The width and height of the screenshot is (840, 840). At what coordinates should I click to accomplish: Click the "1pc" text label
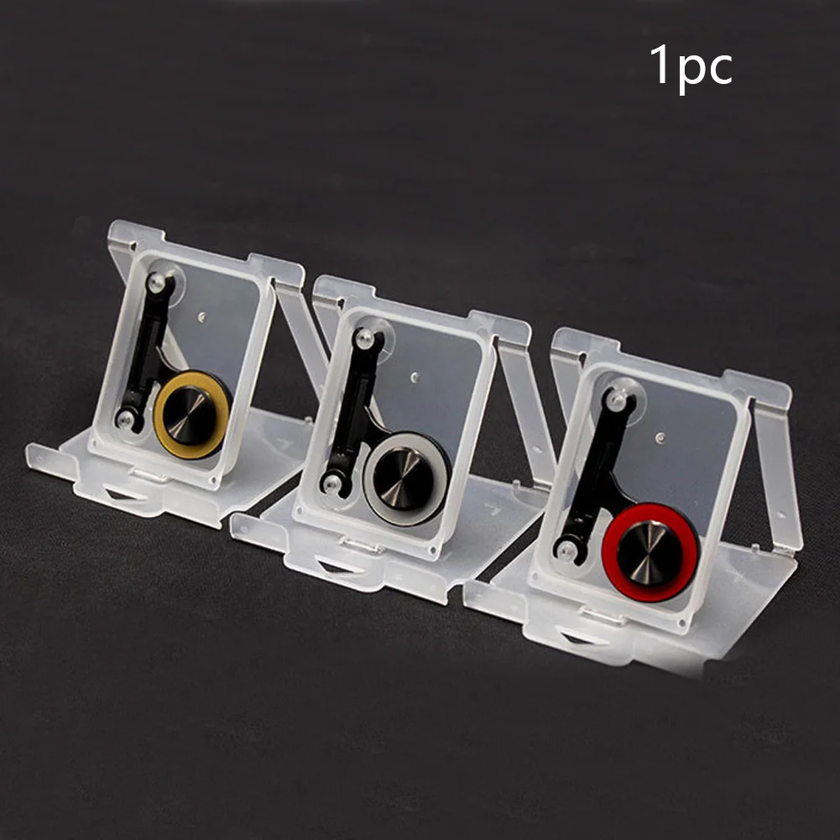pyautogui.click(x=691, y=67)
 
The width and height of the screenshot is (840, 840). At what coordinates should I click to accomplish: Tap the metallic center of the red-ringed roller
pyautogui.click(x=647, y=552)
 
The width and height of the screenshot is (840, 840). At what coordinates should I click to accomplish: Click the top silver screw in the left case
pyautogui.click(x=156, y=281)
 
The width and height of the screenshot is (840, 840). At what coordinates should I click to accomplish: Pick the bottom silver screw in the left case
pyautogui.click(x=125, y=419)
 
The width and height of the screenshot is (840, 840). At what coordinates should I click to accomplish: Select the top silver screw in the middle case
pyautogui.click(x=365, y=337)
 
